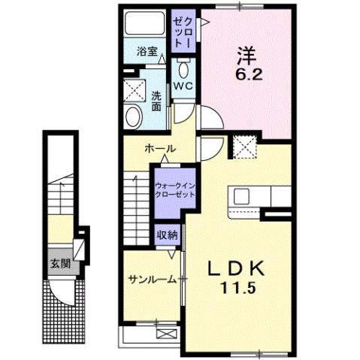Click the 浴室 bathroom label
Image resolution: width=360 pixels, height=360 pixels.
(147, 52)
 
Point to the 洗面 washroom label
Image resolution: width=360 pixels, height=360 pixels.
(156, 101)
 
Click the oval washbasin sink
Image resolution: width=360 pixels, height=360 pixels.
(133, 116)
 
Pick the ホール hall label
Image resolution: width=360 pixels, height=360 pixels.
(160, 149)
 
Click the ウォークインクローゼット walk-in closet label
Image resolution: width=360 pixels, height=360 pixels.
(174, 189)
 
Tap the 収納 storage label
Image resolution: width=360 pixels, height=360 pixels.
(168, 234)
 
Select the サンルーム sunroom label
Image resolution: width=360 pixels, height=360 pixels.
(152, 279)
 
